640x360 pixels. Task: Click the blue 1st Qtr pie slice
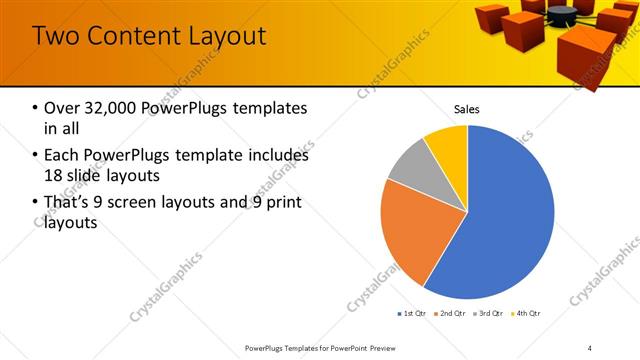510,220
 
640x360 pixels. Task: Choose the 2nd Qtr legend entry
450,314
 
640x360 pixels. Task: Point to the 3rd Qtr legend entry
489,314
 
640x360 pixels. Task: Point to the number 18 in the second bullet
55,176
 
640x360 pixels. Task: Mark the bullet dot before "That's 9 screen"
36,203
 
